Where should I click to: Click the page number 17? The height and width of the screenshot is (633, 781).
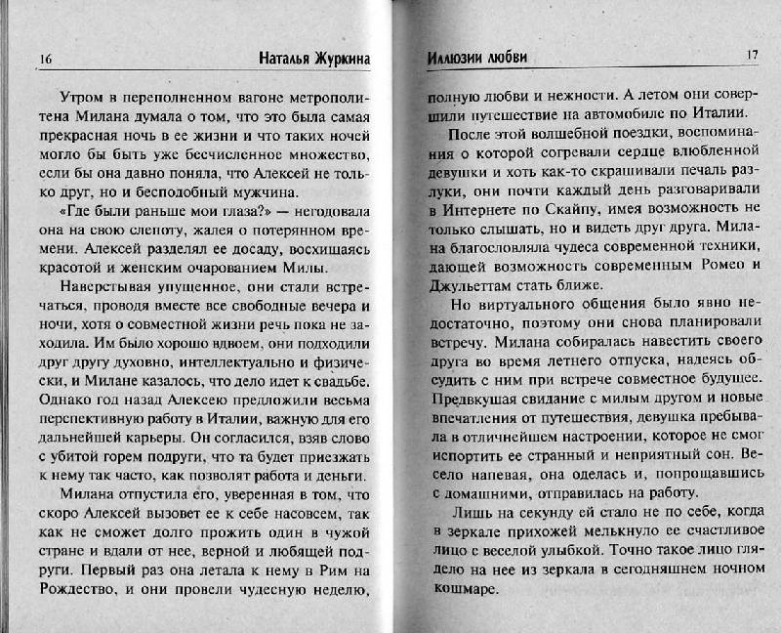[751, 55]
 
